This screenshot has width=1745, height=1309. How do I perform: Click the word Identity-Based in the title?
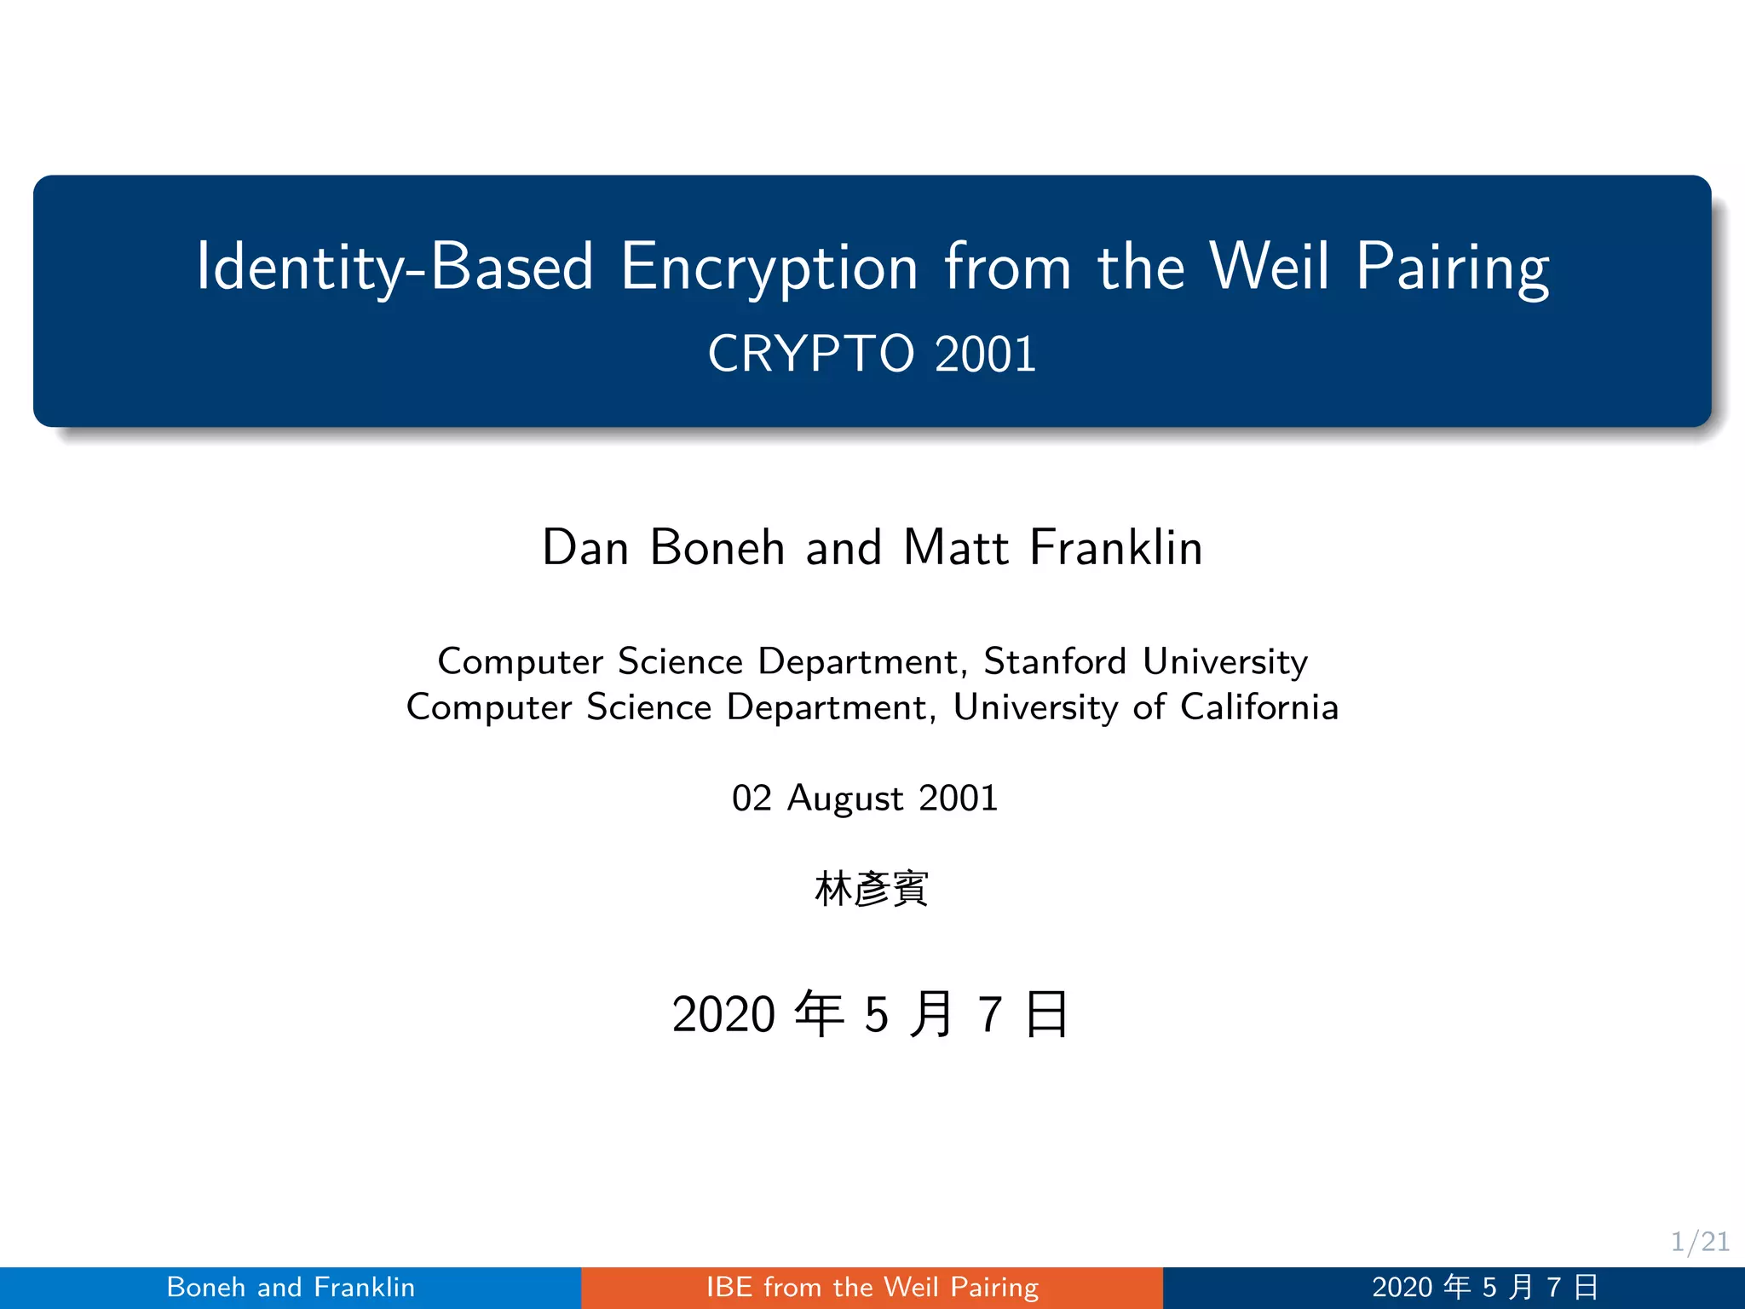(394, 268)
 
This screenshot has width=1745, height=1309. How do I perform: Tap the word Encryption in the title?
(769, 268)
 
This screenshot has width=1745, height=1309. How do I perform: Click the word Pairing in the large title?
(1452, 268)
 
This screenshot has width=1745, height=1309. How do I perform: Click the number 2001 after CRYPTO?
(985, 354)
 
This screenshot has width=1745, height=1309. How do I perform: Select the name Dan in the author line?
(585, 547)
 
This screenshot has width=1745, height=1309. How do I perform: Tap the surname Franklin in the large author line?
(1116, 547)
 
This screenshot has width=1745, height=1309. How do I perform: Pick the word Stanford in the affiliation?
(1055, 661)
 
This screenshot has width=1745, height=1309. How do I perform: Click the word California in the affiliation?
(1259, 707)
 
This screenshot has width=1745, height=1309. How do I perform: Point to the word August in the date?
(845, 799)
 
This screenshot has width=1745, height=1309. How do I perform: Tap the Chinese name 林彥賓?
(871, 889)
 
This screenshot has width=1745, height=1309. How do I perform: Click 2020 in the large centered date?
(723, 1014)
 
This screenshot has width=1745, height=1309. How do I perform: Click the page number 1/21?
(1700, 1242)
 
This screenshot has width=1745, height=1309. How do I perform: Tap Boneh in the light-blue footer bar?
(206, 1287)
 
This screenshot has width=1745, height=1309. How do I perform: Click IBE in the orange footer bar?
(729, 1287)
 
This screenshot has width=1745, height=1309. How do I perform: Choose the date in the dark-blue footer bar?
(1485, 1287)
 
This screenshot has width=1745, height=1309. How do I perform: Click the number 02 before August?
(752, 799)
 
